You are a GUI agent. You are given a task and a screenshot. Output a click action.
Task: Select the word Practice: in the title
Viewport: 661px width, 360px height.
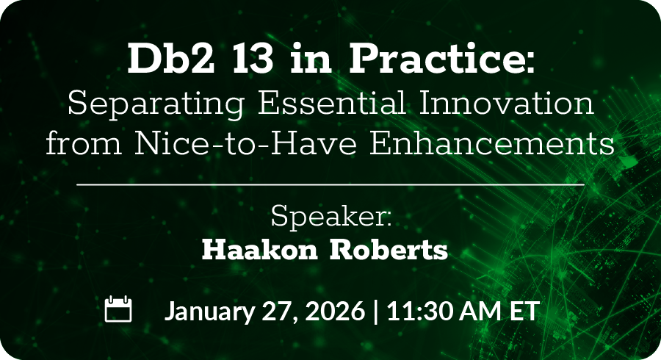(x=442, y=58)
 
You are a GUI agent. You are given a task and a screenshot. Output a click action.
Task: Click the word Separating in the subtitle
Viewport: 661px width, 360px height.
(x=156, y=104)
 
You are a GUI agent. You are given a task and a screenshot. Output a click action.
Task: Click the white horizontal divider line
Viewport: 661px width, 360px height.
(x=330, y=184)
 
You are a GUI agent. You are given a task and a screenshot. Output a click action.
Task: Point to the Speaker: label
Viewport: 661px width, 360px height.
(x=331, y=217)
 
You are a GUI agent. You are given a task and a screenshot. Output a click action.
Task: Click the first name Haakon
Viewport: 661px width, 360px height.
(x=260, y=250)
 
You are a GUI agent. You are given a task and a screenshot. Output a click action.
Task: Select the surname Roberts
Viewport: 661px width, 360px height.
(x=389, y=250)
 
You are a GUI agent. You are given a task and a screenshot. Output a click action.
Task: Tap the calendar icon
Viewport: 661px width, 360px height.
(x=118, y=309)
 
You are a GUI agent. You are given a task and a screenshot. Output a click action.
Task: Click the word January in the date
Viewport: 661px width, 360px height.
(x=209, y=312)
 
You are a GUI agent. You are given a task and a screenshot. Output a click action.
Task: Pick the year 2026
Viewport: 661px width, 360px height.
(x=334, y=311)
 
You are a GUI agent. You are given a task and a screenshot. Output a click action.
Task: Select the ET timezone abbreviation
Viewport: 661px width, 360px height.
(x=524, y=311)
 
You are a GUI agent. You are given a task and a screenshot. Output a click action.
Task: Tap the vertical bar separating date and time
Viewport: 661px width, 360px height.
(x=376, y=311)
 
